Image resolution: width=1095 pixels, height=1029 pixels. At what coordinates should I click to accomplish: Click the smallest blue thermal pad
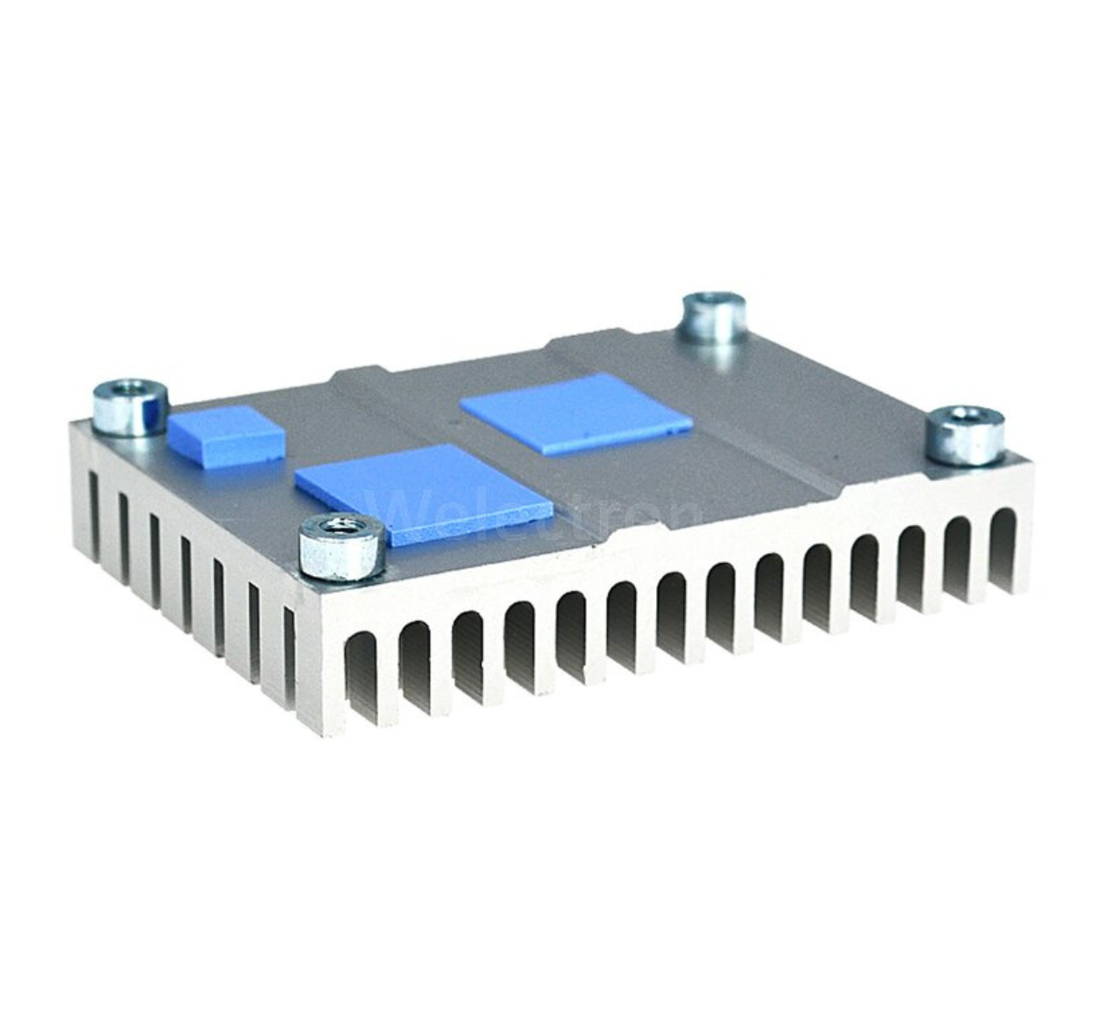tap(228, 435)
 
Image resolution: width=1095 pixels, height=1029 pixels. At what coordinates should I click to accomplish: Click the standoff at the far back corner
tap(714, 318)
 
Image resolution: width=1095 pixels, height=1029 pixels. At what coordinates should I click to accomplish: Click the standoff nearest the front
tap(340, 547)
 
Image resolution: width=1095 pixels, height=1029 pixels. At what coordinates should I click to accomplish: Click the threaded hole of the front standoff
tap(341, 527)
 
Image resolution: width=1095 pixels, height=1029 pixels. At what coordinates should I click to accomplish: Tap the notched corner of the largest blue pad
tap(682, 429)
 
